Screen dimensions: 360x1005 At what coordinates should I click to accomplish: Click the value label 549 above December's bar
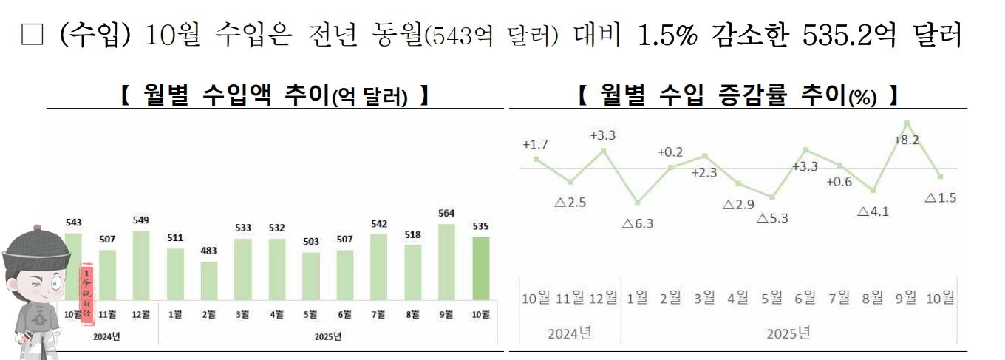141,220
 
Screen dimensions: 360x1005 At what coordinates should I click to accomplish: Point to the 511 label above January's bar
175,237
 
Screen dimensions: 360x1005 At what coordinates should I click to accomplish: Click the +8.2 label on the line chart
906,140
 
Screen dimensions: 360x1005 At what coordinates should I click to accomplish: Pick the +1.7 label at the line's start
535,144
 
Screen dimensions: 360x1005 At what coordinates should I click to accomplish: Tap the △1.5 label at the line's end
941,198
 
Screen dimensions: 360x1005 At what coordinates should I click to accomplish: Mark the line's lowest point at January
637,203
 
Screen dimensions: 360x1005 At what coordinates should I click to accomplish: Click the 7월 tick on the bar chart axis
378,314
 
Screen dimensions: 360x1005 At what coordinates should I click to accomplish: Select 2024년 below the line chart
570,333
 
